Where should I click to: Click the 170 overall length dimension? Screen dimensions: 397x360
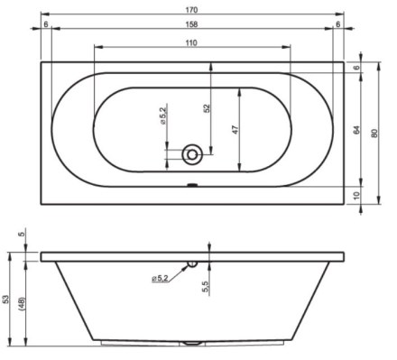pos(191,10)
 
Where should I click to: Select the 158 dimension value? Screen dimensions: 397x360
pos(191,24)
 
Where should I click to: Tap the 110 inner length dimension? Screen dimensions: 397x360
pos(191,43)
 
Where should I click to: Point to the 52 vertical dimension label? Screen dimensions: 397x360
pos(207,108)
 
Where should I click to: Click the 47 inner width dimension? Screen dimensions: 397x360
pos(235,130)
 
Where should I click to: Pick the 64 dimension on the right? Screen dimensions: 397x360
pos(356,130)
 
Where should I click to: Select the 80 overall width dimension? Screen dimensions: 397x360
pos(374,133)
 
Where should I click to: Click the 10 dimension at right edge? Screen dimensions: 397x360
pos(356,196)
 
